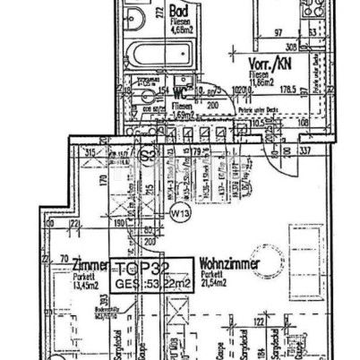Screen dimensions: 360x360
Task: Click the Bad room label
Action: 176,12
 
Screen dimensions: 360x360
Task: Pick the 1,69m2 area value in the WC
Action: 184,115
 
